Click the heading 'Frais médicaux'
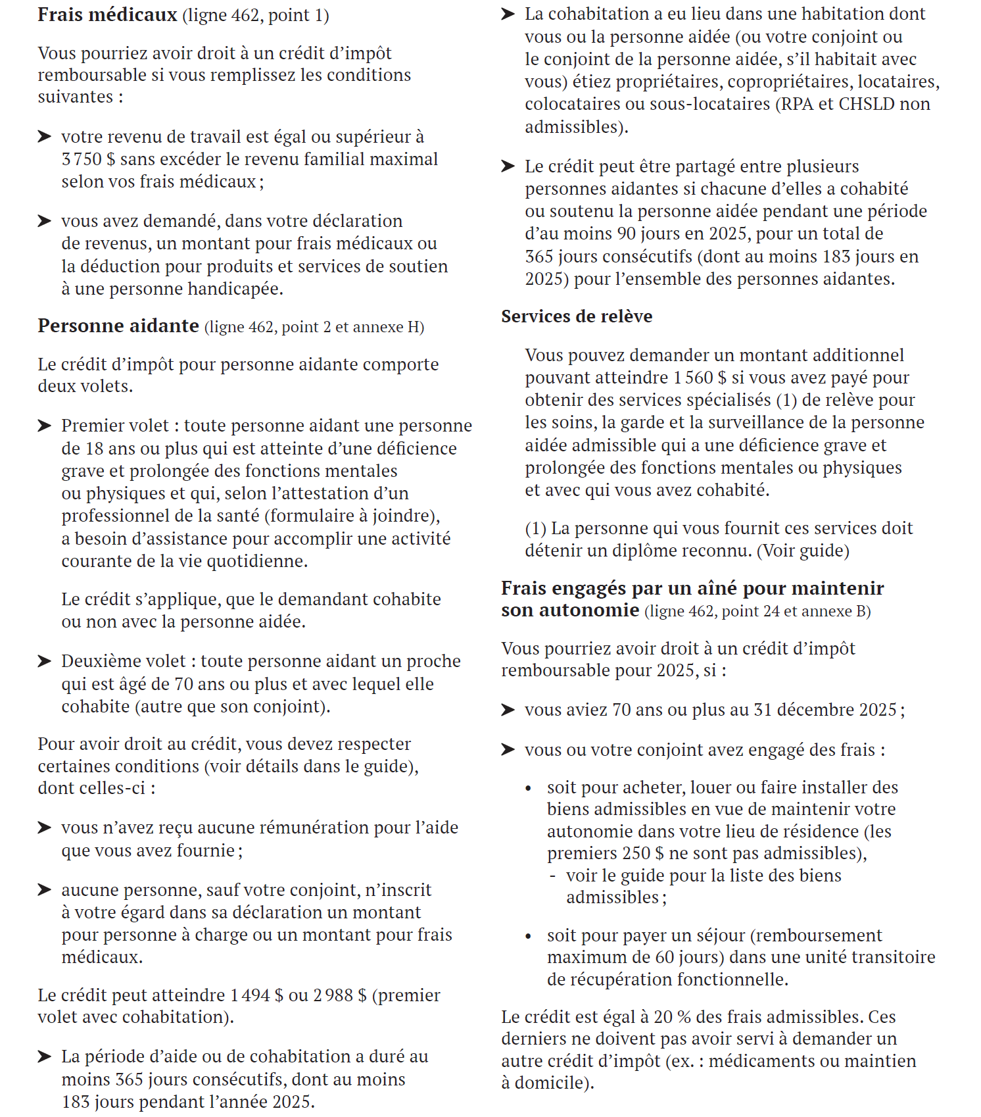click(107, 14)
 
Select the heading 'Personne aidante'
click(118, 326)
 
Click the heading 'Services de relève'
click(577, 316)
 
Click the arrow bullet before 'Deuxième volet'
click(45, 661)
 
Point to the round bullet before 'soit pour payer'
click(528, 936)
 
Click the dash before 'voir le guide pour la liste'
click(553, 876)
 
